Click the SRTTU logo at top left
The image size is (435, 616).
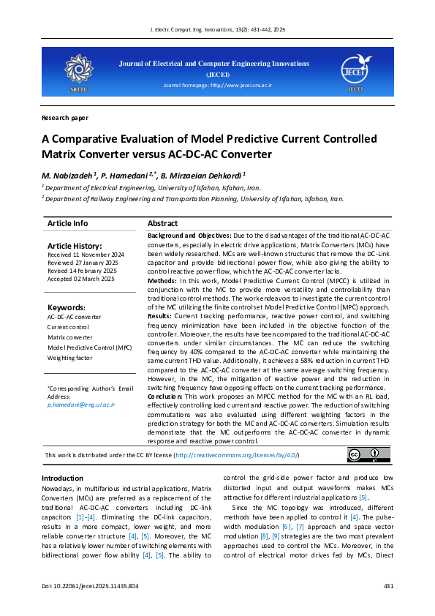pos(77,70)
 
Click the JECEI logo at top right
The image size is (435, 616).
pos(356,70)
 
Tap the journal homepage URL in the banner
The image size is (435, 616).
pos(218,86)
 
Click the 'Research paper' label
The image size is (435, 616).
pos(65,117)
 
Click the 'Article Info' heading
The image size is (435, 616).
pos(67,223)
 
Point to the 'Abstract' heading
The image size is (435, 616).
pos(162,223)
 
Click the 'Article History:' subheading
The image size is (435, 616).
pos(75,246)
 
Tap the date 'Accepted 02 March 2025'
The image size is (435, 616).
pos(81,279)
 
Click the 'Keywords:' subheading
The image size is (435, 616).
pos(66,307)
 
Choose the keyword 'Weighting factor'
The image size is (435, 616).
pos(71,358)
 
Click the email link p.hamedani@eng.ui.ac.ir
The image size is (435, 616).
pos(81,404)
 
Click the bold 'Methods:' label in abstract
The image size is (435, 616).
pos(162,280)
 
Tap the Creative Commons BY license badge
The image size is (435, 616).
pos(363,455)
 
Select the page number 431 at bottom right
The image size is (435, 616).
pos(388,586)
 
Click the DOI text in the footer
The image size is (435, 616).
pos(91,586)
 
